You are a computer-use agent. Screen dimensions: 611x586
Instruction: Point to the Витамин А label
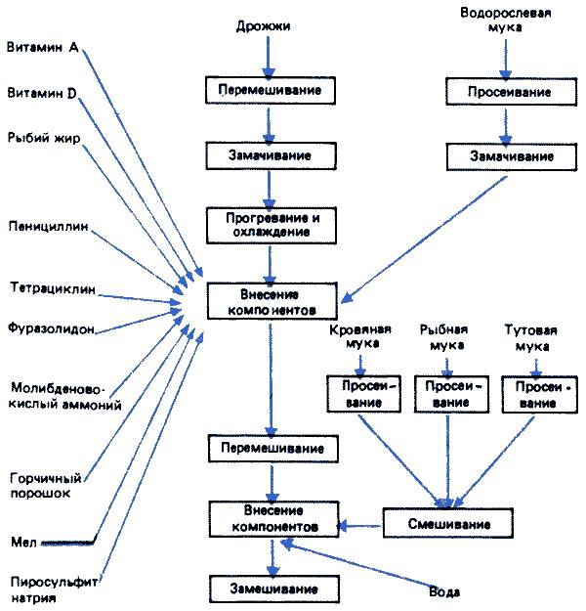(x=42, y=47)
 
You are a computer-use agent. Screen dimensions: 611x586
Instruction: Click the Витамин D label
(x=42, y=93)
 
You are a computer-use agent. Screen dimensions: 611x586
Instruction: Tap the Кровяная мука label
(x=361, y=337)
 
